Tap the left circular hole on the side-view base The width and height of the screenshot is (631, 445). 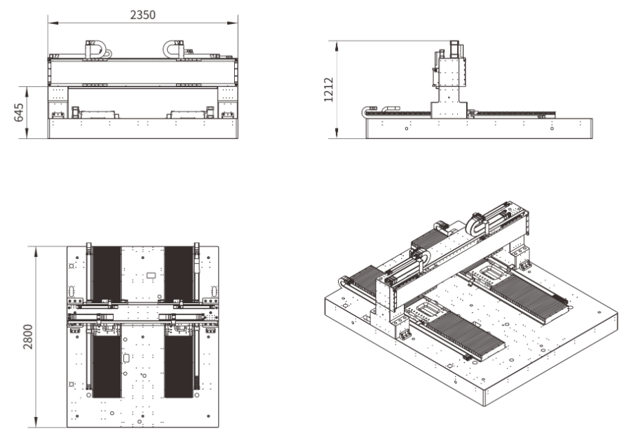[x=407, y=128]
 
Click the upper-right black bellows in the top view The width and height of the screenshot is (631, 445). [x=178, y=272]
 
